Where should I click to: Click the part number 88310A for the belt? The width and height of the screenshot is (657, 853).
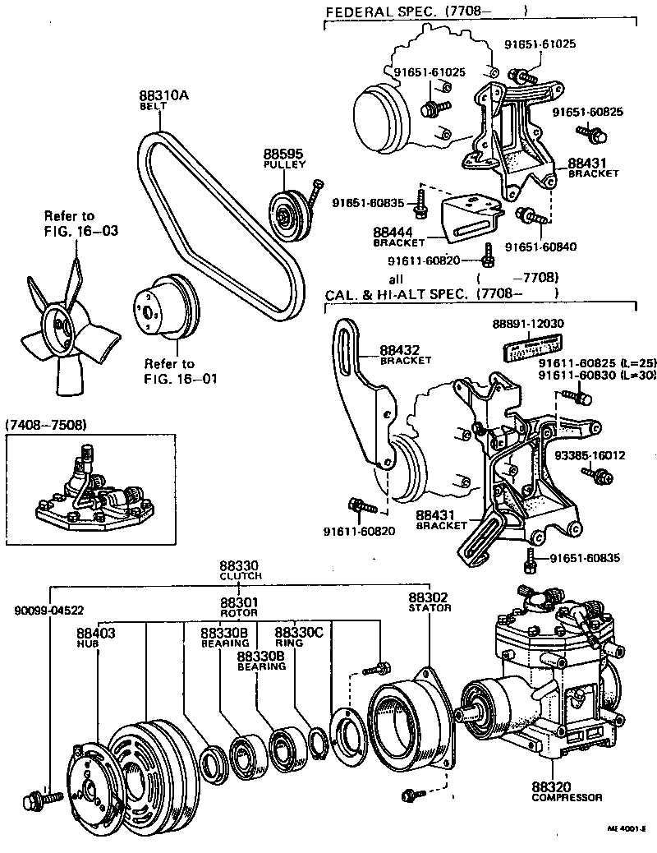pyautogui.click(x=164, y=95)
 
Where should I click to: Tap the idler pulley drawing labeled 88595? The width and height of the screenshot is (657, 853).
pyautogui.click(x=287, y=216)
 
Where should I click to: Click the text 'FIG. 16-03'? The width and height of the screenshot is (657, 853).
pyautogui.click(x=80, y=231)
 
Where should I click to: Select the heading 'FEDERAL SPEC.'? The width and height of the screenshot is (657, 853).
pyautogui.click(x=371, y=12)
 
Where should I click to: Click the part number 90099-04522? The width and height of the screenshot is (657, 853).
pyautogui.click(x=49, y=611)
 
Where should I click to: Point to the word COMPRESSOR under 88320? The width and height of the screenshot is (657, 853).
pyautogui.click(x=567, y=797)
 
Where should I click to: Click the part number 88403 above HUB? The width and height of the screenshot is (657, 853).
pyautogui.click(x=96, y=633)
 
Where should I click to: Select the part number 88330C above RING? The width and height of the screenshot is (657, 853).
pyautogui.click(x=299, y=633)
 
